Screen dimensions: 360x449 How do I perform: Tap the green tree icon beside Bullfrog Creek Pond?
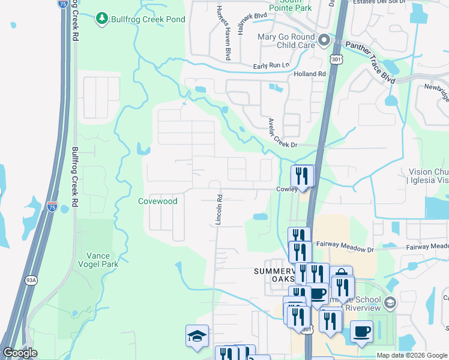point(102,19)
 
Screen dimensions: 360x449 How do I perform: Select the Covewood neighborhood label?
point(158,202)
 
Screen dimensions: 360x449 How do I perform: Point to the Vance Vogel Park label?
point(103,259)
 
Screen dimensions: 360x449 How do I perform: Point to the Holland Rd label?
point(309,74)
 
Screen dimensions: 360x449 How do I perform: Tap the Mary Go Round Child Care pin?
point(325,41)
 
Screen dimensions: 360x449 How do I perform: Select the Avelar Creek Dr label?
point(282,133)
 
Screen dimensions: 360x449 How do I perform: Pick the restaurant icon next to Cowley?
point(302,176)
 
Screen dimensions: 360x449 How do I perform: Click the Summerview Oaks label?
point(271,277)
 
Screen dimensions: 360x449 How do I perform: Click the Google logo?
point(20,353)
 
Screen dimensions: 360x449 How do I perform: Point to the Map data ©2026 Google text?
point(411,355)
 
